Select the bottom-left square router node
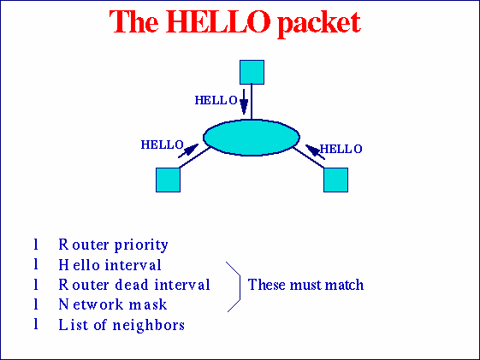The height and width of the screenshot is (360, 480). pos(168,179)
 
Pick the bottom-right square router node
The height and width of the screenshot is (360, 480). pos(335,179)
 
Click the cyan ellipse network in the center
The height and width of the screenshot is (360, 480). pos(252,137)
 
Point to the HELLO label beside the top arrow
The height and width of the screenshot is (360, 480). pos(216,100)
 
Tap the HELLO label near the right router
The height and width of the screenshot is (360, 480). pos(341,149)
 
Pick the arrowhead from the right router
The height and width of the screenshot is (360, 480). pos(312,151)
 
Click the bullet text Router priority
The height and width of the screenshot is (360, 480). pos(113,245)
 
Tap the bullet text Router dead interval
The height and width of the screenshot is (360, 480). pos(134,285)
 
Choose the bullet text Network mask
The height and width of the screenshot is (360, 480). pos(113,304)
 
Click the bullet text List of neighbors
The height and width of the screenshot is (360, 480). pos(121,325)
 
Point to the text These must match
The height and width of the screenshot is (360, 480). pos(305,285)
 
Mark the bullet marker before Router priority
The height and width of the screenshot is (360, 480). pos(36,245)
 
